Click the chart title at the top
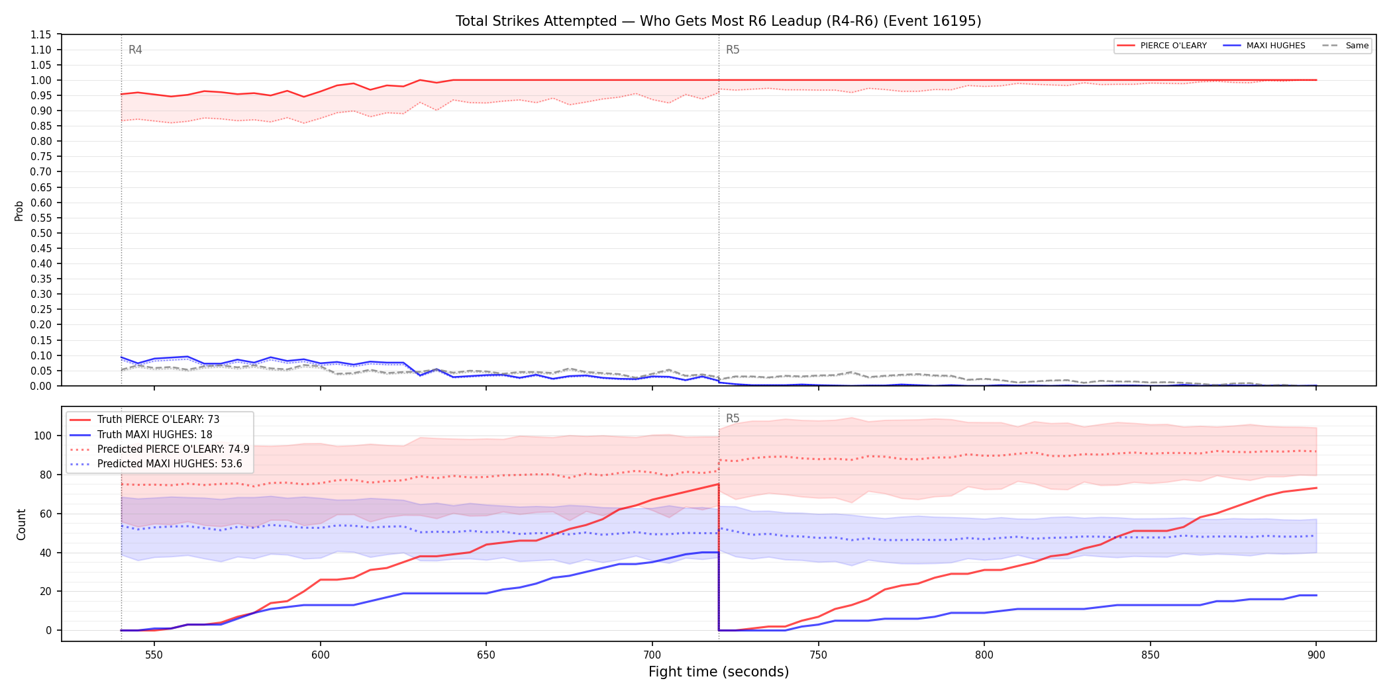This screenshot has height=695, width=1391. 718,21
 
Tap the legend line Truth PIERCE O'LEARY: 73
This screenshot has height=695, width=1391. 158,420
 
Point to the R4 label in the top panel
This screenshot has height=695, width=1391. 135,50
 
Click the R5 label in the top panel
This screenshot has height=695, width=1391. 733,50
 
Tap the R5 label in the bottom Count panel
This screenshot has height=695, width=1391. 733,418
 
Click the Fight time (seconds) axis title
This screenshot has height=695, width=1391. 719,672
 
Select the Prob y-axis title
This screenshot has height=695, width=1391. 19,210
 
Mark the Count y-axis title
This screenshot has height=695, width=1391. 21,524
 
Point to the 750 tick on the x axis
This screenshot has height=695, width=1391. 818,655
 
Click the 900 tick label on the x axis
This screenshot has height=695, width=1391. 1316,655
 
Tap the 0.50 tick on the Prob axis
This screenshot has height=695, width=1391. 41,233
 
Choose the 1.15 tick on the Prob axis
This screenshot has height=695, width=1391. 41,34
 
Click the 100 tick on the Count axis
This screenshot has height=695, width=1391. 43,436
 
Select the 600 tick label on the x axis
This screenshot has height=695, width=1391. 320,655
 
